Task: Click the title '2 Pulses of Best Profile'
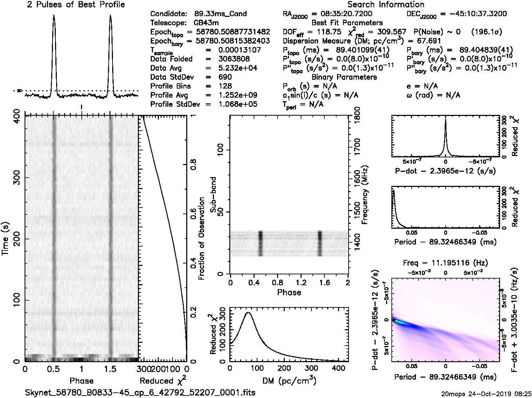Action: tap(76, 5)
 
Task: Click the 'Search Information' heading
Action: tap(386, 5)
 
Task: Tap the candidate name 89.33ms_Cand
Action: tap(221, 14)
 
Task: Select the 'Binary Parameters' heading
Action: tap(344, 77)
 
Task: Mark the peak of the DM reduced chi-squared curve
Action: tap(249, 312)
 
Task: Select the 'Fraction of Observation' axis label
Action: tap(202, 239)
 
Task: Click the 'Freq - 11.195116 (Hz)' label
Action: tap(445, 263)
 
